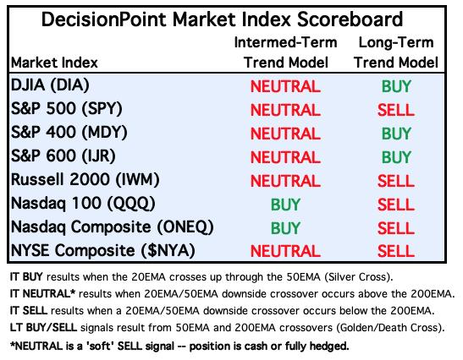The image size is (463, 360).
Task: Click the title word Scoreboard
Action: point(350,19)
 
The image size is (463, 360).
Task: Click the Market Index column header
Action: point(54,63)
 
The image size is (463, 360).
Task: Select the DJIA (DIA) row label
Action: point(50,85)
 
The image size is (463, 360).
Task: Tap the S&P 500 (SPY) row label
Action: point(67,109)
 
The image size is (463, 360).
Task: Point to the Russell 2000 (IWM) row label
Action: point(85,179)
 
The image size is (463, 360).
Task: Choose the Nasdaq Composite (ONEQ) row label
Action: point(113,227)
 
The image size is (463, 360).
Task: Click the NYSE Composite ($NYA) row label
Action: point(103,251)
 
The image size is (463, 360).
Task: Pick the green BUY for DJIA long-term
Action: point(396,86)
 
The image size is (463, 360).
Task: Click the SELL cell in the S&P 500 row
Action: point(396,110)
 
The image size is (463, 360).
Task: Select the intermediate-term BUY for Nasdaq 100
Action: point(285,205)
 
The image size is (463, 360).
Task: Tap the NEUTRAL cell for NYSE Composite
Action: point(285,251)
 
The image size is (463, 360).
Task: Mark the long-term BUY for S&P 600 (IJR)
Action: point(396,157)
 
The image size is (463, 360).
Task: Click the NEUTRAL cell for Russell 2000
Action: point(285,181)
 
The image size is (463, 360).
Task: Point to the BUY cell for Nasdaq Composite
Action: point(285,228)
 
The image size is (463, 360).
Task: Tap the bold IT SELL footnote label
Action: point(28,311)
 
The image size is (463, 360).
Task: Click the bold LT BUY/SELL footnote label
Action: point(43,328)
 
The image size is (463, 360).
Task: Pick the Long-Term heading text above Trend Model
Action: point(396,42)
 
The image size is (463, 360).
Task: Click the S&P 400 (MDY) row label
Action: point(69,133)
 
